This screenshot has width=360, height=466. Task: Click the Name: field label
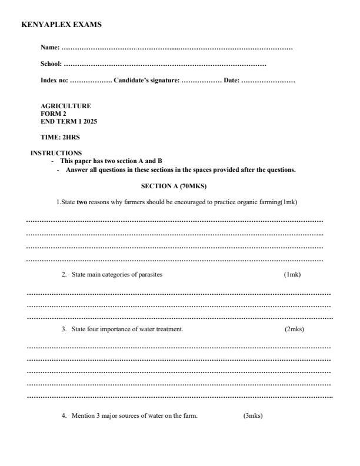click(x=50, y=47)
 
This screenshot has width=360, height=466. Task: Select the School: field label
click(x=51, y=64)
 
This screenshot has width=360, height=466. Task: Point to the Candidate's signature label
click(x=146, y=80)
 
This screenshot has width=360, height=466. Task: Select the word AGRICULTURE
click(x=65, y=106)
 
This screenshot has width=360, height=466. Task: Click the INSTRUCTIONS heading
click(x=56, y=154)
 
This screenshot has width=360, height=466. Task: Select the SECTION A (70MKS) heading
click(x=174, y=186)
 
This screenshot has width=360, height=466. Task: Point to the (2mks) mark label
click(x=294, y=329)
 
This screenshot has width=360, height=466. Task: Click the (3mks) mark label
click(x=253, y=416)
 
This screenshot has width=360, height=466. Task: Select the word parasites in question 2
click(x=150, y=275)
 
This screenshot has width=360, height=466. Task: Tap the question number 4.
click(x=64, y=416)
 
